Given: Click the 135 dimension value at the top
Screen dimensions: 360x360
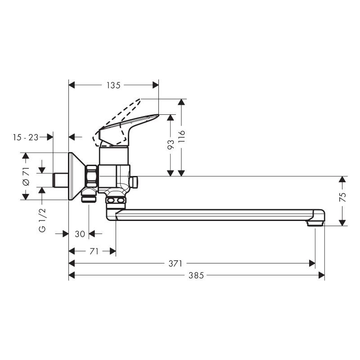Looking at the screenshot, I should (x=113, y=85).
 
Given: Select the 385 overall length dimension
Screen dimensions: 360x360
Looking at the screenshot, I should (x=196, y=275).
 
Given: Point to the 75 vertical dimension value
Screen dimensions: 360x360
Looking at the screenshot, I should (x=342, y=197).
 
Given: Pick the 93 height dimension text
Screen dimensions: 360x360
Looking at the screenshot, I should (x=171, y=144).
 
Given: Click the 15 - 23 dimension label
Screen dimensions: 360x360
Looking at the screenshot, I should (x=26, y=137).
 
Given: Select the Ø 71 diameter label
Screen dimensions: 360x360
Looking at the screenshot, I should (x=26, y=177).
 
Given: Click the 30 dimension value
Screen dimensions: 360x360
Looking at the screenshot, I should (x=80, y=234).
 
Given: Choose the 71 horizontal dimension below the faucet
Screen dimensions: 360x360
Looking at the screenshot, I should (x=94, y=252).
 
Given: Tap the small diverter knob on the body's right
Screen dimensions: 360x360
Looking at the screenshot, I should (x=135, y=182).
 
